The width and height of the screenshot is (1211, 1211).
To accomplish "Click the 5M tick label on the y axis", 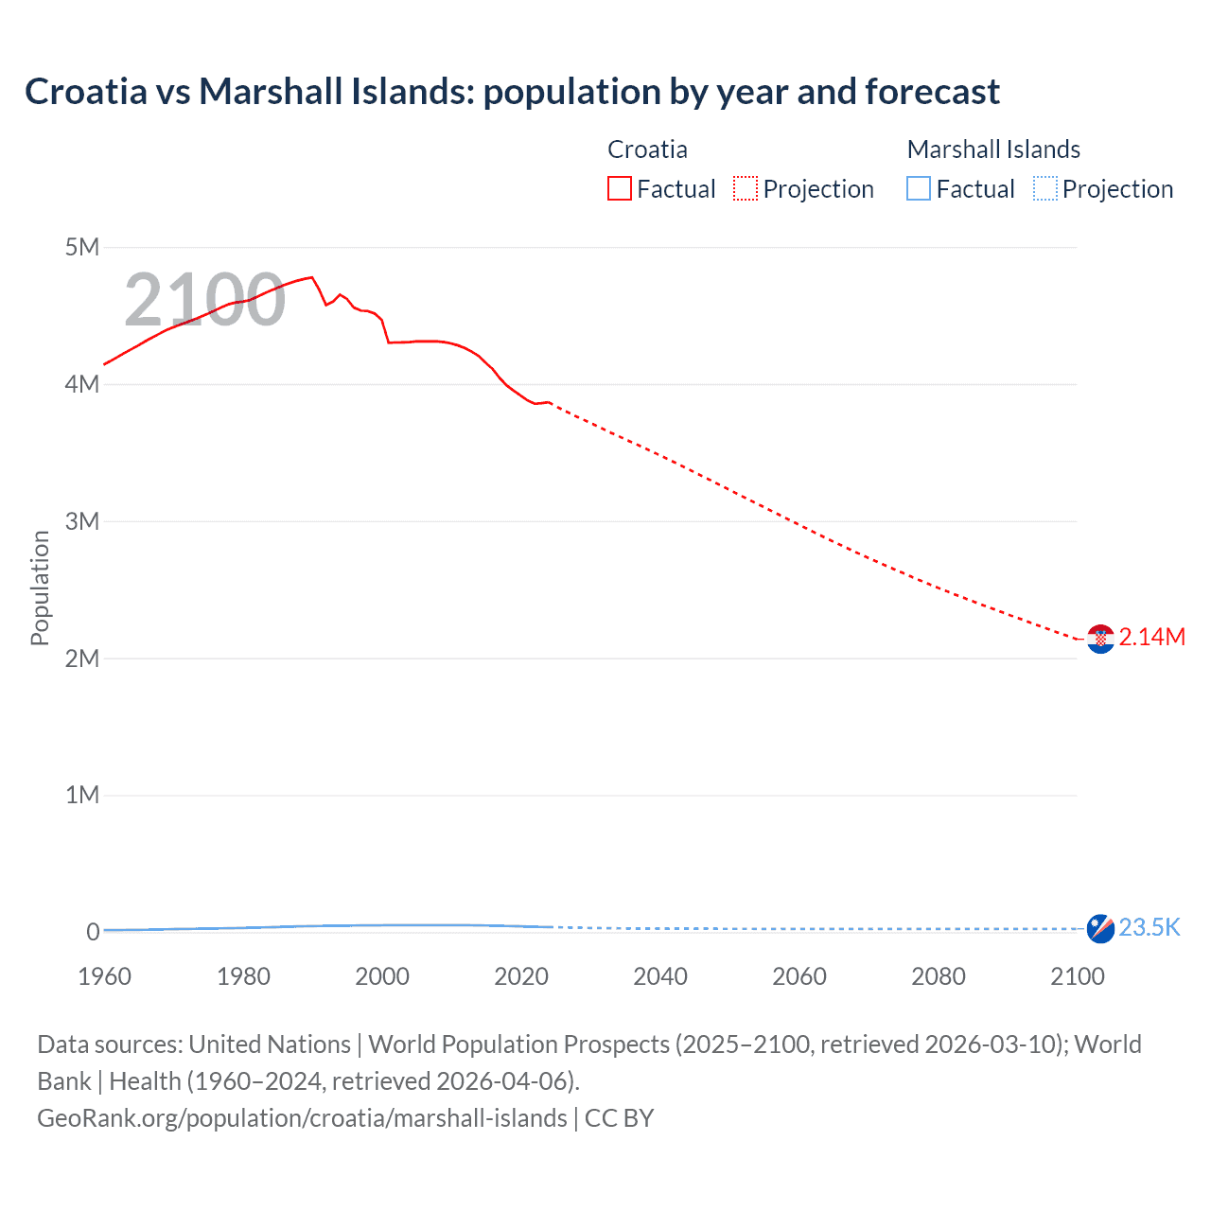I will (x=82, y=247).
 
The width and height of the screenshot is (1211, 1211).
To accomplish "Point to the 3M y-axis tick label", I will (x=82, y=521).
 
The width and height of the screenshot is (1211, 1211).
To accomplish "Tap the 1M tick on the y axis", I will (x=82, y=795).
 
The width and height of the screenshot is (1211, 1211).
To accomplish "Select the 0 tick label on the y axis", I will (x=93, y=932).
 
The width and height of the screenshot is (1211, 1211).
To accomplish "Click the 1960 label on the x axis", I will (x=104, y=976).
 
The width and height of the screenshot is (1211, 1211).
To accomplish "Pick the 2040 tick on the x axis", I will (x=660, y=976).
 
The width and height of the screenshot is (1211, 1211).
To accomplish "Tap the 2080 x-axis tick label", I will (x=939, y=976).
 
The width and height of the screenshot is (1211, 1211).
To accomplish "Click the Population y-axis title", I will (x=40, y=588).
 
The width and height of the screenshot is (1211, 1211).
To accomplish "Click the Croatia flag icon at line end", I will (x=1100, y=640).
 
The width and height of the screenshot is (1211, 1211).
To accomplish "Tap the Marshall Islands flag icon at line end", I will (x=1100, y=929).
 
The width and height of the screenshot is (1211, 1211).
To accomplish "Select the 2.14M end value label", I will (x=1151, y=637).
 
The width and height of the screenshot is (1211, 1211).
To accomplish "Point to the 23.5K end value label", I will (x=1150, y=927).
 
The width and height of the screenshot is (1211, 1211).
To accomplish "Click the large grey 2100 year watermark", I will (x=204, y=300).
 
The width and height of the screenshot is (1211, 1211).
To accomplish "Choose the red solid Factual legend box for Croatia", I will (x=620, y=189).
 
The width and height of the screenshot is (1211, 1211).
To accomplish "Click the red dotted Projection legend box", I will (x=746, y=189).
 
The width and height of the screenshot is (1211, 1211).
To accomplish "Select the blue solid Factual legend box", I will (x=919, y=189).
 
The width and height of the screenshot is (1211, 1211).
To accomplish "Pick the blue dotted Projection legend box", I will (x=1045, y=189).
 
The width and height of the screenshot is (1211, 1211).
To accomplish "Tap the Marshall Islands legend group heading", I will (x=993, y=149).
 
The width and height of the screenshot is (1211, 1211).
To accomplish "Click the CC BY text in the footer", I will (x=619, y=1117).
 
